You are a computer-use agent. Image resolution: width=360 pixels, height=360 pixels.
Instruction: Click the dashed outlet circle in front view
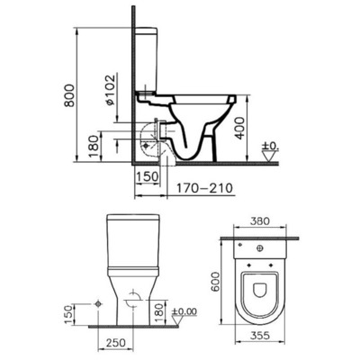coord(131,301)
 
